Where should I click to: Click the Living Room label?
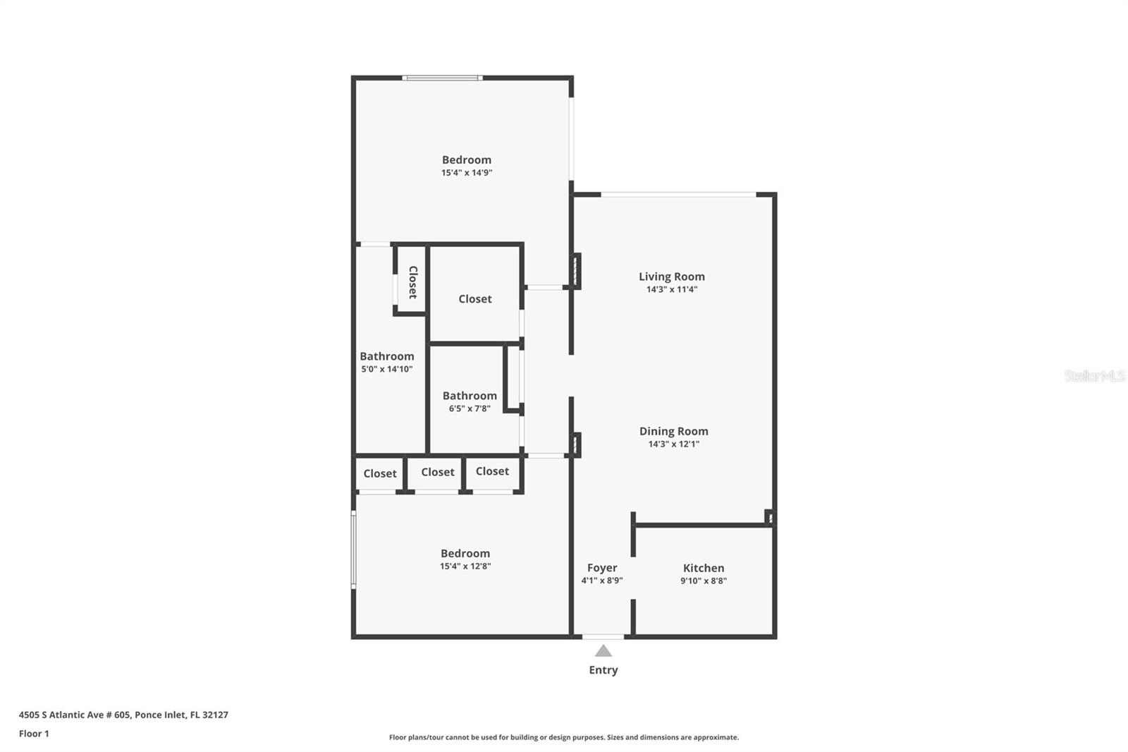click(671, 277)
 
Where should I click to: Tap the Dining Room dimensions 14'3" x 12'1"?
click(673, 444)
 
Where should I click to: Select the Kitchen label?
click(703, 568)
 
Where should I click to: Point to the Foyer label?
click(601, 568)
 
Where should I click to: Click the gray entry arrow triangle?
click(603, 651)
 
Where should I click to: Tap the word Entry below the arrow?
click(603, 670)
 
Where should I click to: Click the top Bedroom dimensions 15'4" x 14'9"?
click(466, 172)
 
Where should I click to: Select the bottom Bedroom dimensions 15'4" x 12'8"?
click(465, 566)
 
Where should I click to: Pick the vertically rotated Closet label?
click(412, 281)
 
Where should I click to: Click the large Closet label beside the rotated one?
click(474, 299)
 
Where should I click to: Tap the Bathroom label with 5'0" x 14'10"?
click(386, 357)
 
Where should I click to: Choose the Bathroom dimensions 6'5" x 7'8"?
click(470, 408)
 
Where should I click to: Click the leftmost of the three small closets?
click(379, 474)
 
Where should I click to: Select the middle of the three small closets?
click(437, 473)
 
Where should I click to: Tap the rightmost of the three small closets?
click(491, 471)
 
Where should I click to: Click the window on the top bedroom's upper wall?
click(442, 78)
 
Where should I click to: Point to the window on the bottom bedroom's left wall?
click(354, 550)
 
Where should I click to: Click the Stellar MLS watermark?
click(1093, 376)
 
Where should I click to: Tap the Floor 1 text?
click(34, 734)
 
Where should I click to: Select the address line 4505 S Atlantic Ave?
click(123, 715)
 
